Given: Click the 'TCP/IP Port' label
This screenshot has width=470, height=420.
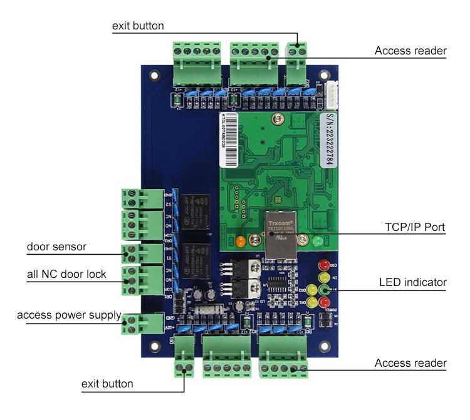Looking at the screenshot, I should [414, 227].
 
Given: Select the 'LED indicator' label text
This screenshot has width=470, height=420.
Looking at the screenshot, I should [413, 283].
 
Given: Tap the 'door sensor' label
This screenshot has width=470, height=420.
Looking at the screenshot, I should [56, 247].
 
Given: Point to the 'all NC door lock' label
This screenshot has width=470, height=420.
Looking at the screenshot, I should [66, 274].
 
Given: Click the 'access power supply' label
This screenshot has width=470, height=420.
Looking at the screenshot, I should [69, 315].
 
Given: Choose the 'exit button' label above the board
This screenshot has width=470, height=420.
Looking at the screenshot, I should [138, 26].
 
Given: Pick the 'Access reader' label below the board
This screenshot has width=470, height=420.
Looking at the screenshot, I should [410, 364].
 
